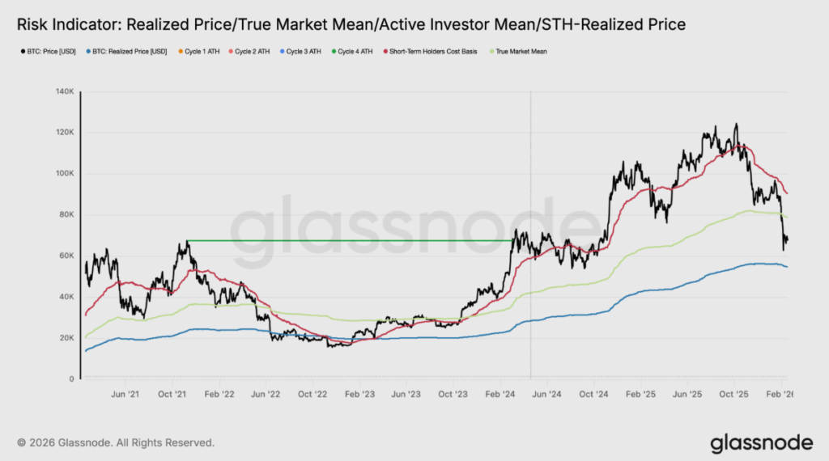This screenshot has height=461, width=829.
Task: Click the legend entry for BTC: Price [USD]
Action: (x=49, y=51)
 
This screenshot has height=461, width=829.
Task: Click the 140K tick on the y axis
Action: (x=66, y=91)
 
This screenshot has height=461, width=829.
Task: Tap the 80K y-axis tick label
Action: (x=67, y=215)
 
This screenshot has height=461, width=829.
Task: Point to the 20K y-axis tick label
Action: (x=67, y=338)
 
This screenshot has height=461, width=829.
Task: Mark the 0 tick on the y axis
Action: (x=72, y=379)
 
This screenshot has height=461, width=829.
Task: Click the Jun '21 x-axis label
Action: (x=124, y=395)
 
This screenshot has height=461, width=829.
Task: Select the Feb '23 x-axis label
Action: (x=359, y=395)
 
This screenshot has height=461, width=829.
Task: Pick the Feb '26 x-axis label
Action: (x=780, y=395)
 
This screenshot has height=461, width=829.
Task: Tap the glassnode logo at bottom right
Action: (x=761, y=442)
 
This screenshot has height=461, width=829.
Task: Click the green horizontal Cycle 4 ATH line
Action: (x=348, y=240)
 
